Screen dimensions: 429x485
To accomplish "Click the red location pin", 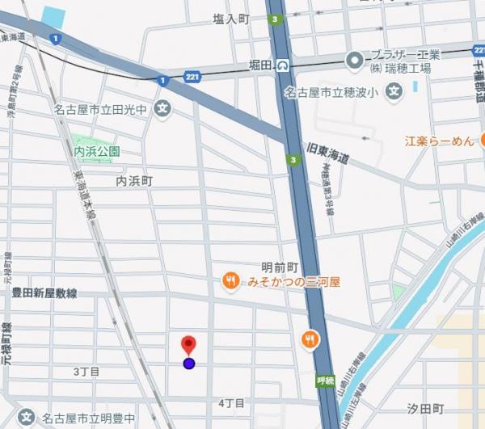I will click(x=188, y=345).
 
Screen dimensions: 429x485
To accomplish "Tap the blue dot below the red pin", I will click(x=189, y=364).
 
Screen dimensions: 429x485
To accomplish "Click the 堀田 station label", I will click(x=260, y=65).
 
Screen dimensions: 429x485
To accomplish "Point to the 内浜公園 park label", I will click(x=97, y=151).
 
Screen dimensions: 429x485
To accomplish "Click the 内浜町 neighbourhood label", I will click(x=134, y=181).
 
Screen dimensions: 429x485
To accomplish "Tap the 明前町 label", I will click(x=280, y=267).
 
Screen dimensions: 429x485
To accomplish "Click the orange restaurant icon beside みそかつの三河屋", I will click(x=230, y=281).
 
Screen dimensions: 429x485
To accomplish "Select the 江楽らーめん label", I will click(x=439, y=141).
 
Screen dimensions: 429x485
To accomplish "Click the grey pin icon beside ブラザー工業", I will click(x=354, y=60).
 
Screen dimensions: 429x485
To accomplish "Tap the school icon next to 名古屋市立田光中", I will click(x=163, y=107).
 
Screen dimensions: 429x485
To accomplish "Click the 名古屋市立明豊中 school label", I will click(x=88, y=418).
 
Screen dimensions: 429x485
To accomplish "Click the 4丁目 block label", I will click(x=231, y=402).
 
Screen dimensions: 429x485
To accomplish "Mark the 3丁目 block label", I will click(x=86, y=372).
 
